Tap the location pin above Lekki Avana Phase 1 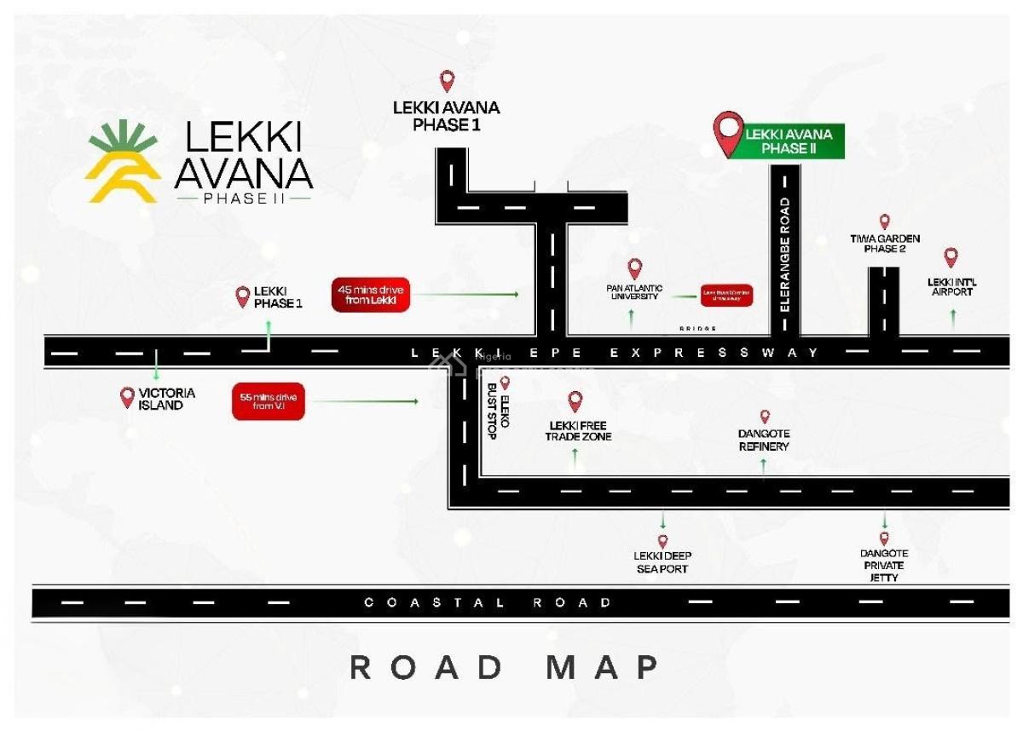point(447,82)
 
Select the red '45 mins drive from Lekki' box point(371,295)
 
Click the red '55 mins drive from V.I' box point(268,401)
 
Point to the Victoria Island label point(166,399)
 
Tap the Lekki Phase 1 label point(278,297)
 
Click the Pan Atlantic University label point(634,292)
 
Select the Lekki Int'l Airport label point(951,286)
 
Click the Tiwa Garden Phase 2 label point(885,244)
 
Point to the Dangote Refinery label point(764,440)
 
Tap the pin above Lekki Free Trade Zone point(575,401)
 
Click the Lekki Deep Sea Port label point(662,562)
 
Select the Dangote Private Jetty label point(884,565)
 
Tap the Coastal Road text point(488,603)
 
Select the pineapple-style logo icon point(123,162)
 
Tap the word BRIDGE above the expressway point(697,329)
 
